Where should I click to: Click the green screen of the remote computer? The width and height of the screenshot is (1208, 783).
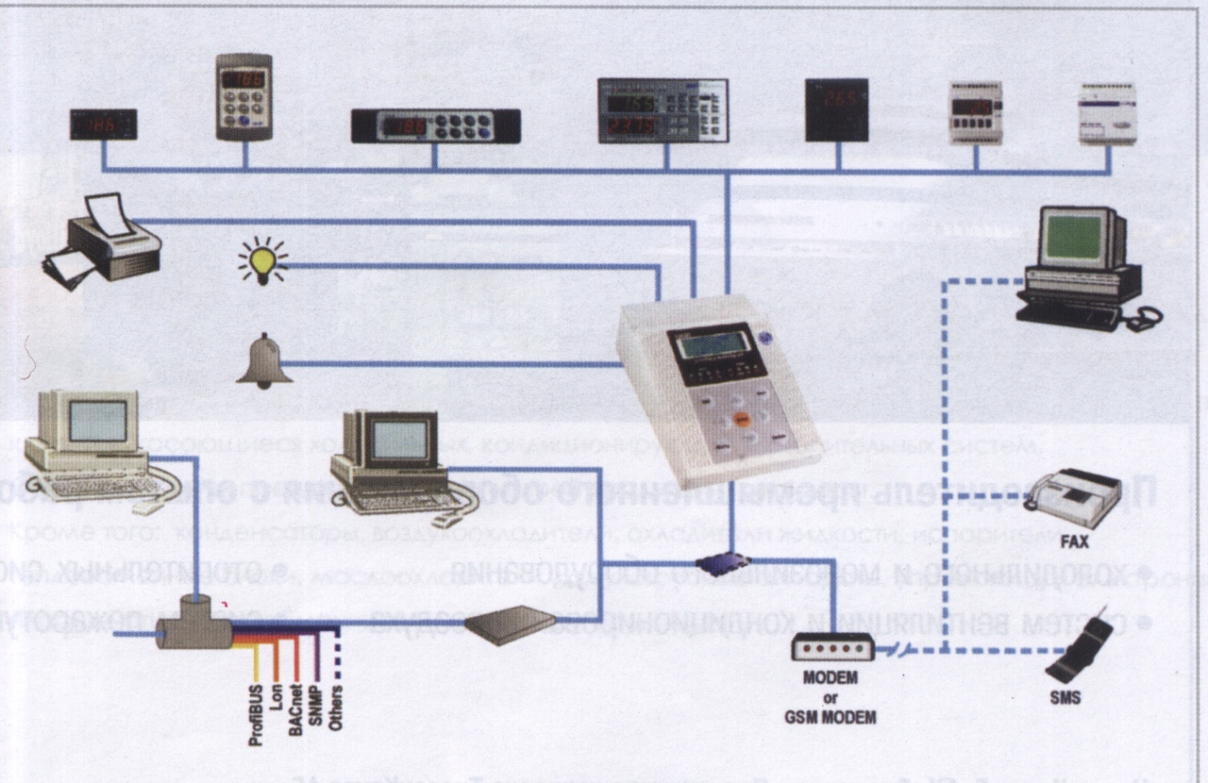[x=1073, y=238]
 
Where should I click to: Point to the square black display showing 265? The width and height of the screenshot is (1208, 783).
[x=836, y=109]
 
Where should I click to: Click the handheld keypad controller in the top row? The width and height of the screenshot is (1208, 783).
[x=243, y=96]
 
